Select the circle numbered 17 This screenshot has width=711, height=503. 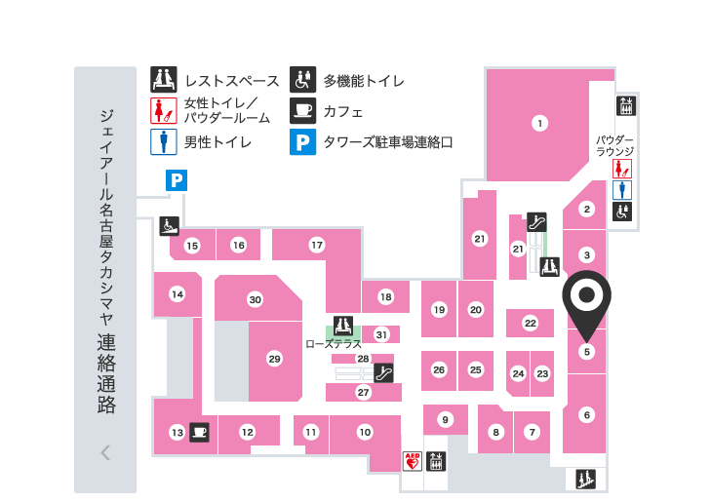[x=316, y=245]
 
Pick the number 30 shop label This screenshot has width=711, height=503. [x=255, y=299]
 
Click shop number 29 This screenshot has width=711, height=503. [x=274, y=359]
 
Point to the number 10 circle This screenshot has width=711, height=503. [x=365, y=432]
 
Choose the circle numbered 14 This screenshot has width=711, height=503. [x=177, y=293]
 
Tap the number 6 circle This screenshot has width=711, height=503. [x=586, y=415]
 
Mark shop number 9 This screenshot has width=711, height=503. [x=445, y=420]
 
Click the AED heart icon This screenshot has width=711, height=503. [x=412, y=460]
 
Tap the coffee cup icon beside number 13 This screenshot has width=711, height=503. [x=200, y=432]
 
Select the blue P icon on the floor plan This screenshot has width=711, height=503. [x=176, y=179]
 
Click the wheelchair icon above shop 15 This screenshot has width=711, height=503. [x=168, y=225]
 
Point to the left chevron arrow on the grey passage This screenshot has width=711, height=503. [x=105, y=452]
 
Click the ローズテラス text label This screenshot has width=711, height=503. [x=334, y=344]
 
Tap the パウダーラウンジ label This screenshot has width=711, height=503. [x=615, y=146]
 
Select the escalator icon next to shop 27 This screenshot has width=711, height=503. [x=384, y=371]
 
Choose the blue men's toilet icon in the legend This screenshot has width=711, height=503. [x=162, y=141]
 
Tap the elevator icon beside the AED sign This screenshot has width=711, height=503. [x=436, y=460]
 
